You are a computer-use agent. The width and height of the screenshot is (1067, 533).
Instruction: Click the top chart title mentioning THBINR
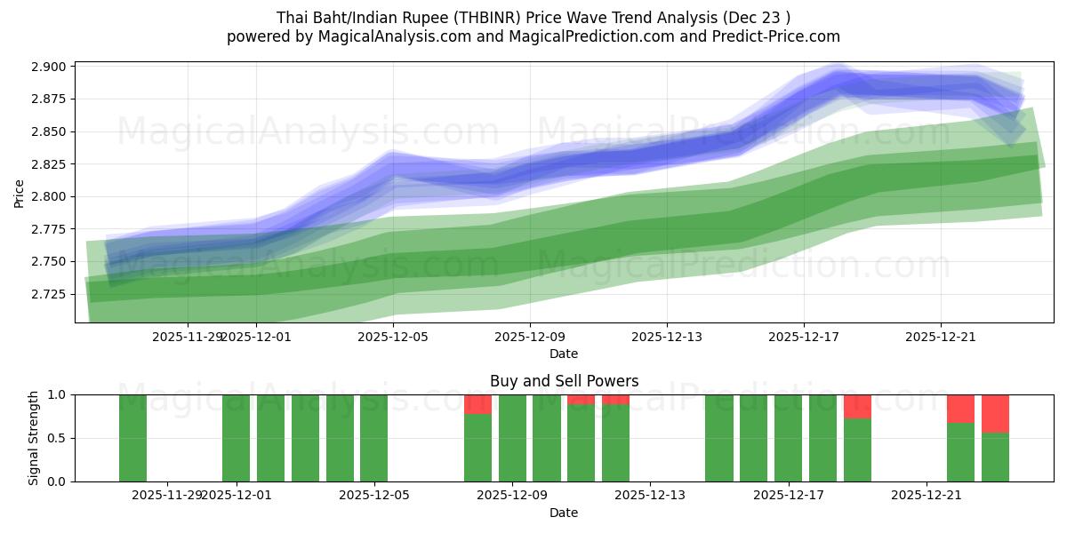[533, 18]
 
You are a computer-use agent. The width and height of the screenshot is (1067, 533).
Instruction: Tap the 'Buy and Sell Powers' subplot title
[564, 381]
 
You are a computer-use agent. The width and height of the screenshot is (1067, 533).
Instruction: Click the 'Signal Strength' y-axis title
[34, 438]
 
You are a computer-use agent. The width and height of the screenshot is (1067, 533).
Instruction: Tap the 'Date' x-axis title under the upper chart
[564, 354]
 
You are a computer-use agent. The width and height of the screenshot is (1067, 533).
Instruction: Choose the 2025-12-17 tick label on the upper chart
[804, 337]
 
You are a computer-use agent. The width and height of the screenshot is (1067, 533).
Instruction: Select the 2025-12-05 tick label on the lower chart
[373, 495]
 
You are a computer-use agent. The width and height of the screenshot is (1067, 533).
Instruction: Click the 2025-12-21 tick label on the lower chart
[927, 495]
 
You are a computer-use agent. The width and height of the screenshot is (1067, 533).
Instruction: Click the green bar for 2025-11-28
[132, 438]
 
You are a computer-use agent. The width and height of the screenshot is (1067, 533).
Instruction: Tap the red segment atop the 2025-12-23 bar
[995, 413]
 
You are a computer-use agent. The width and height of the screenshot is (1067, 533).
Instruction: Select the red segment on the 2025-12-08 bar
[477, 404]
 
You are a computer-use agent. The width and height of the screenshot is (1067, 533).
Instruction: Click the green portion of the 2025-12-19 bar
[857, 449]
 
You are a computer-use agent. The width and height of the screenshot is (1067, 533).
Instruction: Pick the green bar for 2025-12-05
[373, 438]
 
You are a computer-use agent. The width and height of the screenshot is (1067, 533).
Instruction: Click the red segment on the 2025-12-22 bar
[960, 409]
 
